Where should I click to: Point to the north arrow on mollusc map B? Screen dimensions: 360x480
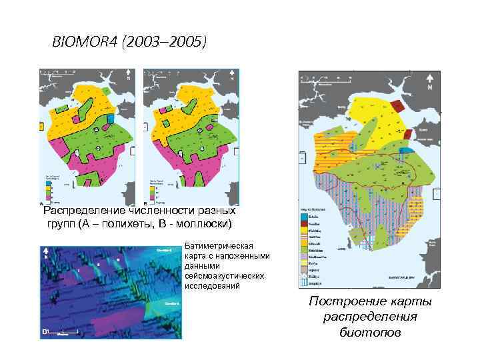(231, 75)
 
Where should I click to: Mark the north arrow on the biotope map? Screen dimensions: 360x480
(431, 83)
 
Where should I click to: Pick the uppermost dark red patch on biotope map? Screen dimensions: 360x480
(399, 105)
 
